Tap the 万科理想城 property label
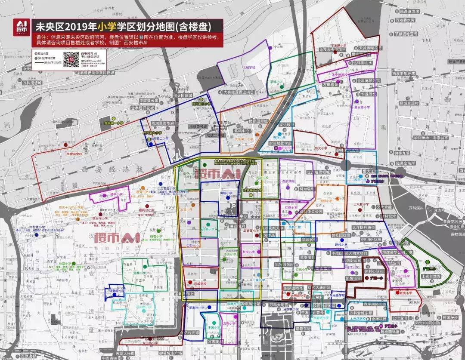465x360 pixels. point(32,83)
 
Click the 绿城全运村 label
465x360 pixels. point(408,103)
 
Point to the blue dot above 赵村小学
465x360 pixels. point(341,240)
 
